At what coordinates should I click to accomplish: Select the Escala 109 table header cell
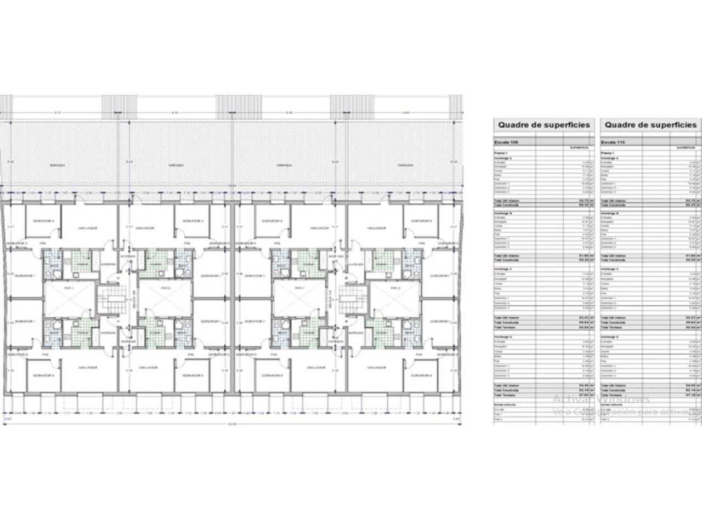(507, 142)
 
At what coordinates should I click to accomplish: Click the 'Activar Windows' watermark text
(601, 399)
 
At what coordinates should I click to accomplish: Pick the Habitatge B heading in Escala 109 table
(505, 213)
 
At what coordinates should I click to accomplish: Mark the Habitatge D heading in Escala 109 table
(505, 336)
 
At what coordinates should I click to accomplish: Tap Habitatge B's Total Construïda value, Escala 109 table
(582, 260)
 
